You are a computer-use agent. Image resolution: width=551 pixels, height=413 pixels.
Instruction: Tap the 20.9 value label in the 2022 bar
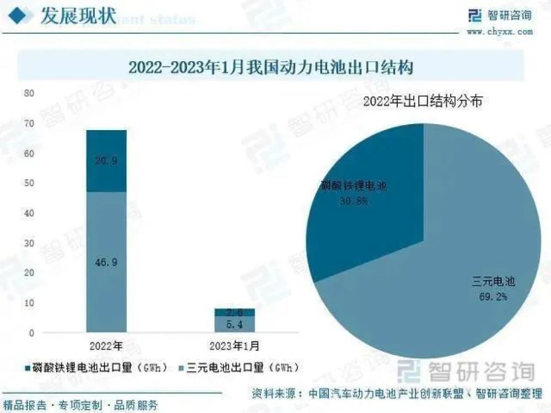[x=106, y=162]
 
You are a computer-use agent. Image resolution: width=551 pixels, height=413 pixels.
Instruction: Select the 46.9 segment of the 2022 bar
[x=106, y=262]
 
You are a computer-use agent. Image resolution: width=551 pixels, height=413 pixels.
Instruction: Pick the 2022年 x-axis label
[x=106, y=347]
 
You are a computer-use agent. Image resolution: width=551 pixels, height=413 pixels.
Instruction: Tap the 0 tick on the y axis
[x=31, y=333]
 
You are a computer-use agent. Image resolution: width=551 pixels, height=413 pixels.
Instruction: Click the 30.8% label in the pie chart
[x=353, y=202]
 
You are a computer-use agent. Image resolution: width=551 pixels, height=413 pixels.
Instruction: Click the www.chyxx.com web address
[x=500, y=32]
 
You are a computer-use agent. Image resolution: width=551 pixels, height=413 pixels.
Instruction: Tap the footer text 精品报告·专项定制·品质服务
[x=80, y=406]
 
